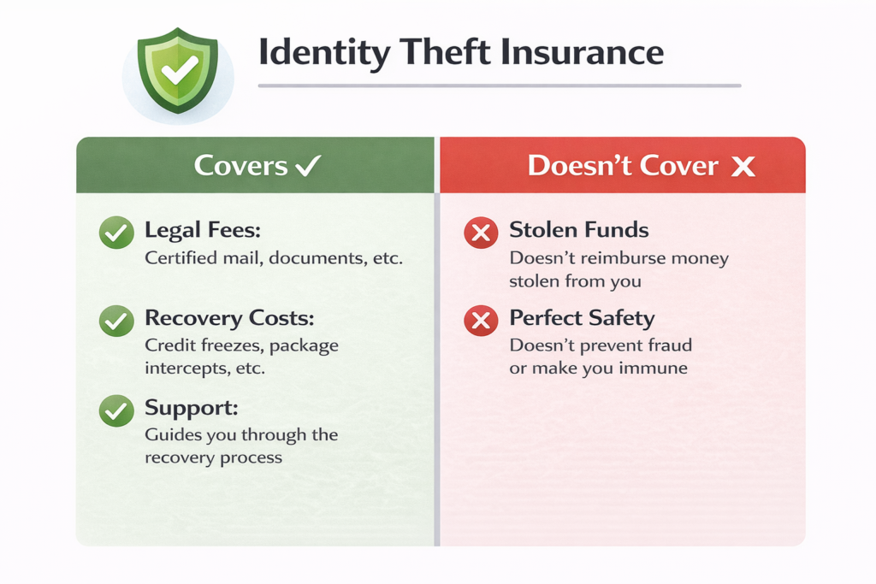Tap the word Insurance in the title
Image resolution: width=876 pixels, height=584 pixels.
coord(585,53)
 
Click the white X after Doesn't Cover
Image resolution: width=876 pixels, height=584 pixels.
coord(743,166)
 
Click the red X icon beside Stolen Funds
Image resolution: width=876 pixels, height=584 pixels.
coord(480,232)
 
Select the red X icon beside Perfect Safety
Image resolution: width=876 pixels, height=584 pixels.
coord(480,321)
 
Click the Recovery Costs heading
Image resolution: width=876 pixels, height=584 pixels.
coord(229,319)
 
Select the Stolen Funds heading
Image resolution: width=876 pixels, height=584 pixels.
coord(578,230)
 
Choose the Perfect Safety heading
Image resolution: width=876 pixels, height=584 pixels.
coord(582,319)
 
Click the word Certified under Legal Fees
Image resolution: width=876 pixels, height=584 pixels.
coord(181,257)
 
